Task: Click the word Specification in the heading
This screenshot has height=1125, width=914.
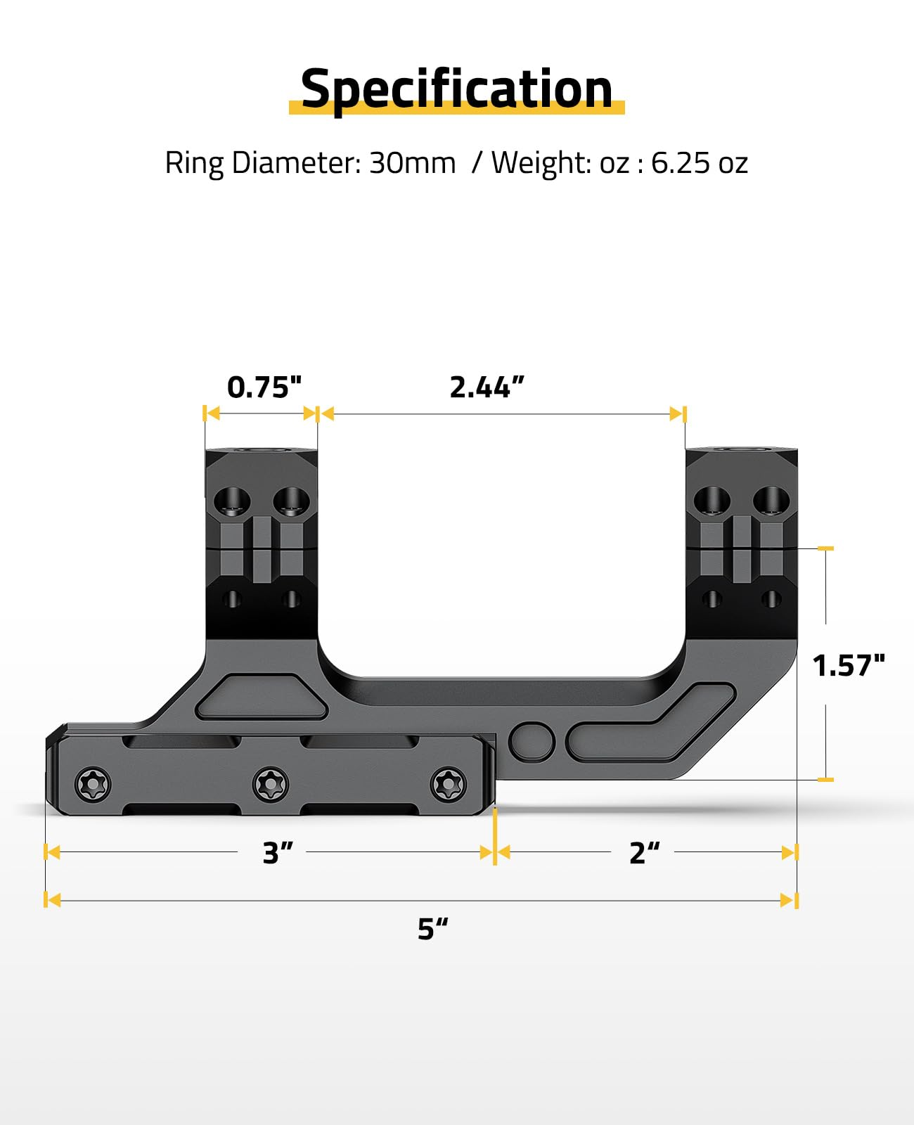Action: click(457, 90)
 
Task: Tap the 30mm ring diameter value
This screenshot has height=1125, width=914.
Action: click(413, 162)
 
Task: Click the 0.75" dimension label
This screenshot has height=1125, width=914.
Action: click(264, 387)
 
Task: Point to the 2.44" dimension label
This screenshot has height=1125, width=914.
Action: click(487, 387)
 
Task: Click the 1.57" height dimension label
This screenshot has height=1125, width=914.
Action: click(849, 665)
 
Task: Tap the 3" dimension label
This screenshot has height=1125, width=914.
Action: click(278, 852)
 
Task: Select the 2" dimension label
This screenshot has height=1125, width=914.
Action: click(645, 852)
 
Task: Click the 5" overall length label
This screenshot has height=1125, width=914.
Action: click(433, 929)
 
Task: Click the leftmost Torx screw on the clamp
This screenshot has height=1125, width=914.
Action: click(93, 784)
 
